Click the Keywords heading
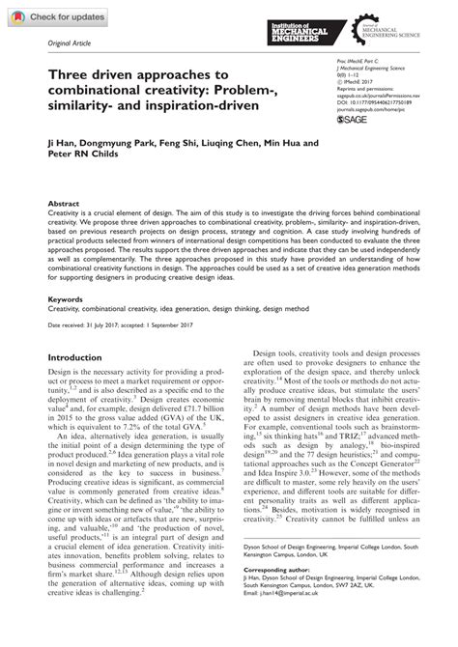66,299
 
